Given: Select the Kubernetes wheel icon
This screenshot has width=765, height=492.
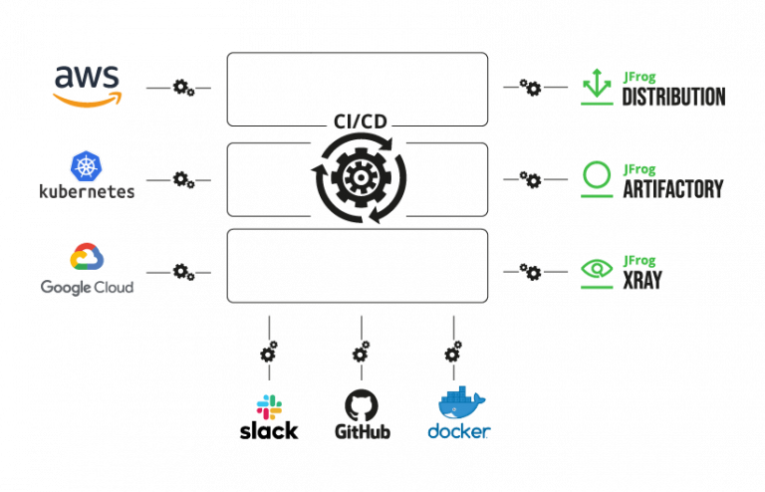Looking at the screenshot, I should click(x=87, y=165).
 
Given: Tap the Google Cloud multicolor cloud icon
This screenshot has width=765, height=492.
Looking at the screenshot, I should click(x=87, y=257).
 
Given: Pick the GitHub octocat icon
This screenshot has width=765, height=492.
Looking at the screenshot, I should click(x=362, y=405).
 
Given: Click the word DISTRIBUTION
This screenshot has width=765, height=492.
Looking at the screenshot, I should click(x=673, y=98).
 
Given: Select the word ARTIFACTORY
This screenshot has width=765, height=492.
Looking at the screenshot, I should click(x=672, y=188).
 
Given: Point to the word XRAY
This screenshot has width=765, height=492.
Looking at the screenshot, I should click(x=642, y=281).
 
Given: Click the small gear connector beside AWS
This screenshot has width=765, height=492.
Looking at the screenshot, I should click(x=183, y=89).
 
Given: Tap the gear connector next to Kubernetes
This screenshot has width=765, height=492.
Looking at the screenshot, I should click(x=183, y=179).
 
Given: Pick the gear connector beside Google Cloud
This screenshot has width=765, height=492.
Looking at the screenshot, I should click(x=183, y=271).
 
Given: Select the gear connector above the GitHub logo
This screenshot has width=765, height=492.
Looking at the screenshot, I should click(x=361, y=353).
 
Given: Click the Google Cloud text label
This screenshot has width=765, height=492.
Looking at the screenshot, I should click(x=87, y=287).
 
